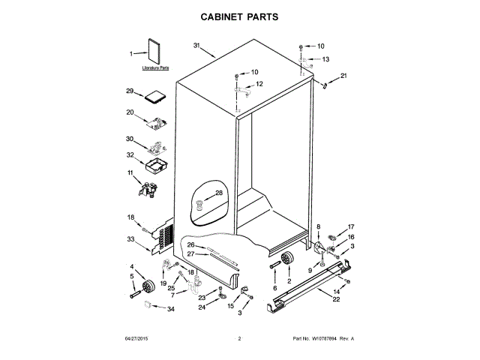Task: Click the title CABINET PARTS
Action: (x=239, y=16)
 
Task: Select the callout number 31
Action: (x=197, y=46)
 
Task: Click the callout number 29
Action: (x=130, y=91)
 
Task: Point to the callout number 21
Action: (x=344, y=76)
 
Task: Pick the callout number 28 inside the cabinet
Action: (x=219, y=193)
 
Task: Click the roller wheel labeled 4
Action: (x=148, y=286)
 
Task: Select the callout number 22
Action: (x=336, y=300)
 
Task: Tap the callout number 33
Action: (x=130, y=239)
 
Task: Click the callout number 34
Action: (x=170, y=308)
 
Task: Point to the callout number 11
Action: (x=130, y=173)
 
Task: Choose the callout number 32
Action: (x=130, y=155)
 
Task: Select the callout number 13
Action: (x=325, y=58)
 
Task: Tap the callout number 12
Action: (x=259, y=84)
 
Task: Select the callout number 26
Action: (x=190, y=245)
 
